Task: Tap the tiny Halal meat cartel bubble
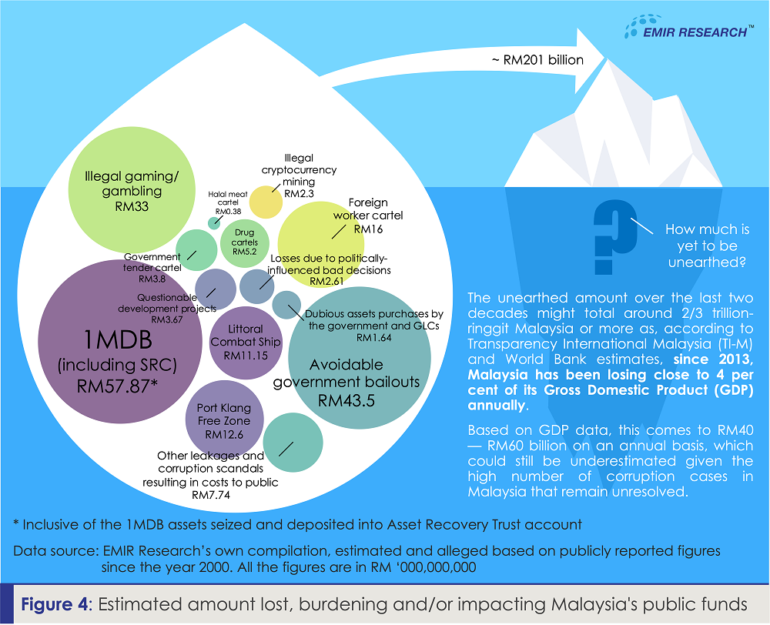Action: (214, 222)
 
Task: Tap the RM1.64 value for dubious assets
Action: (374, 338)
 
